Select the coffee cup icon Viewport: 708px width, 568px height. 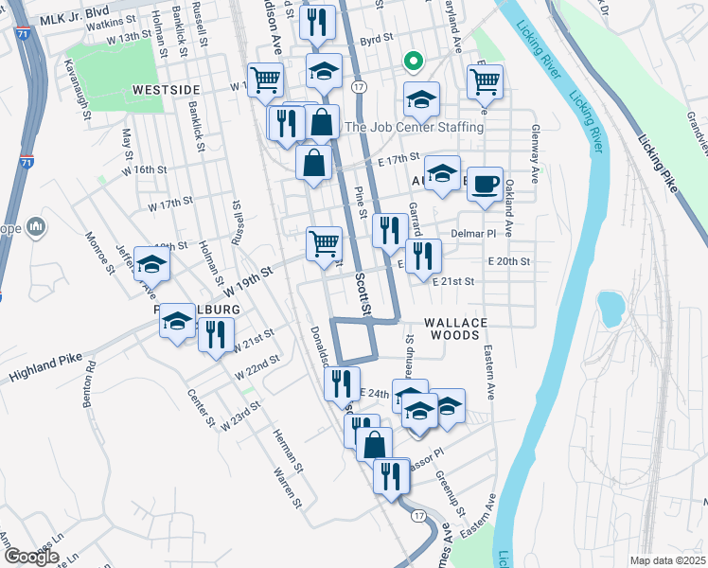pos(486,183)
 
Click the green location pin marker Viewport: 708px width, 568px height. pos(413,62)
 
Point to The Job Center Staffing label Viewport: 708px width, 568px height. pos(416,127)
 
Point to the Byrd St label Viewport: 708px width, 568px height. pos(376,40)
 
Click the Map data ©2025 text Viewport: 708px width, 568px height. pos(667,560)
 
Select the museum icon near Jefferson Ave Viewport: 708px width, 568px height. pos(36,227)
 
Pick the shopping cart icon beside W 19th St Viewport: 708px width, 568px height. pos(324,242)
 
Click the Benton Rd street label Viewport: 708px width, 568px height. pos(90,382)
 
